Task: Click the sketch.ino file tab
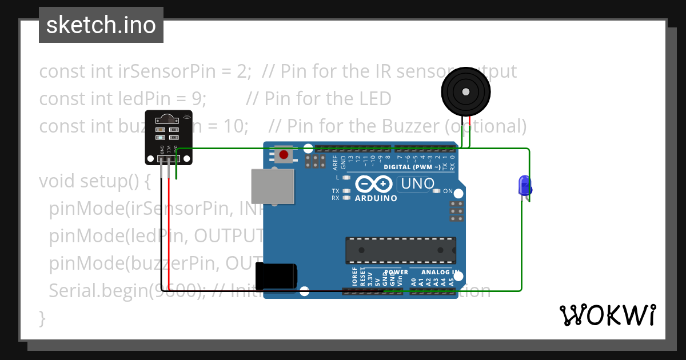(101, 25)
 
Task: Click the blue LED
(524, 186)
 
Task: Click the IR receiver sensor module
(169, 136)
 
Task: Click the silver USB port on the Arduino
(273, 186)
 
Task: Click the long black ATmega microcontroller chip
(400, 250)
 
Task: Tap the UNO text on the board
(418, 184)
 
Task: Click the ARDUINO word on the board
(376, 198)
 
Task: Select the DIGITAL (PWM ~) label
(412, 167)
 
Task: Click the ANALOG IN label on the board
(440, 273)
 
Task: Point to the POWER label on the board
(396, 273)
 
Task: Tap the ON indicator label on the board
(448, 191)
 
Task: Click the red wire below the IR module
(169, 229)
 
